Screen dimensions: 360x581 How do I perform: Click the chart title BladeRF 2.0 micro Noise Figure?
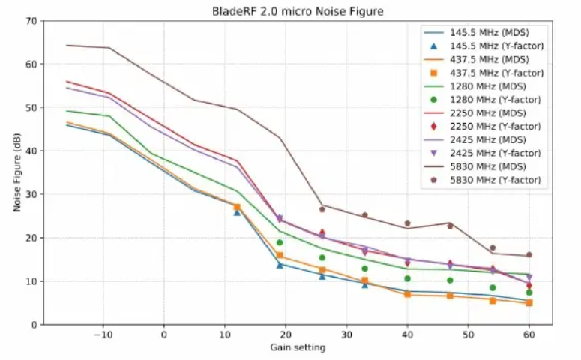[x=298, y=10]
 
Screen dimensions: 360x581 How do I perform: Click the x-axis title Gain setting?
[x=298, y=347]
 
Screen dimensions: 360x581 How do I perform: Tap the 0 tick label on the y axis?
[x=34, y=325]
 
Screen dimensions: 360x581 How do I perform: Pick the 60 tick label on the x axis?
[x=529, y=334]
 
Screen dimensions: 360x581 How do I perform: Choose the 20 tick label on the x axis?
[x=285, y=334]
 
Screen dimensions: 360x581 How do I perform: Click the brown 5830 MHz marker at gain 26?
[x=322, y=209]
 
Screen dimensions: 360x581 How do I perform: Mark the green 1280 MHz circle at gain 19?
[x=280, y=242]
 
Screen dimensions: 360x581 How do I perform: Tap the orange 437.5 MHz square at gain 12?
[x=237, y=207]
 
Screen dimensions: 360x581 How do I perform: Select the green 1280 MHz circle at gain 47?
[x=450, y=280]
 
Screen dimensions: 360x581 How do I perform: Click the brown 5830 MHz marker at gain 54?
[x=493, y=247]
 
